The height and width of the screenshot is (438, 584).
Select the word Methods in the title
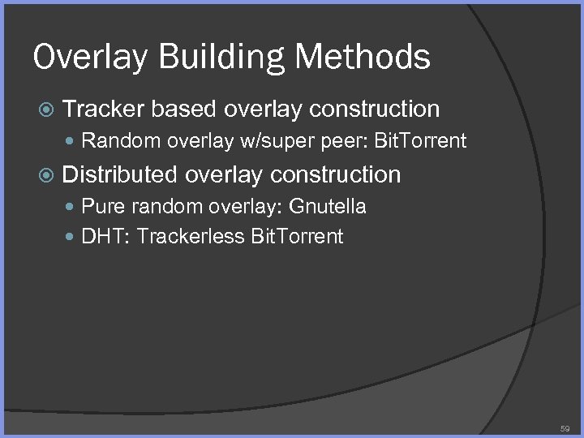pos(363,57)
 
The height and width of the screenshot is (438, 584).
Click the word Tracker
pos(103,109)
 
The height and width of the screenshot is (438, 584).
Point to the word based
pos(187,109)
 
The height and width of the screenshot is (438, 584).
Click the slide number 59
pos(565,427)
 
